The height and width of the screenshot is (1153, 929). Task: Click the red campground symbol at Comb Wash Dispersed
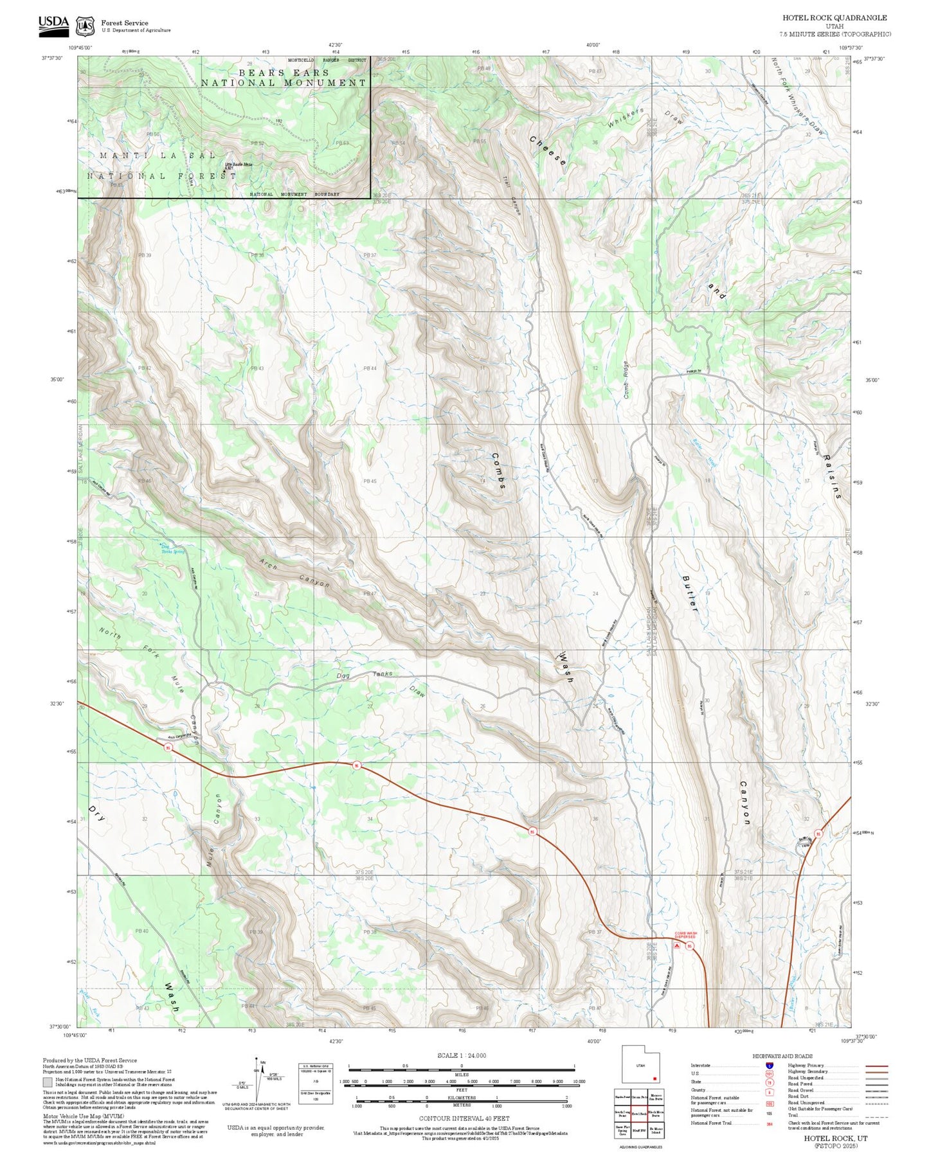676,945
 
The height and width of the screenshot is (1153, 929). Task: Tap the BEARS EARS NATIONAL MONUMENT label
284,78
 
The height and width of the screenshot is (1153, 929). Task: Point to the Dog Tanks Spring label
172,550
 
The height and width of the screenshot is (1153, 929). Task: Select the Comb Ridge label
626,379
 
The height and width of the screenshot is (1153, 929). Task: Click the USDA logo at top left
53,24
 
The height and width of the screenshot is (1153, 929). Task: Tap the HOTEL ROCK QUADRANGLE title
834,18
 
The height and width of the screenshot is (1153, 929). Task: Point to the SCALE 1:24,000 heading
461,1055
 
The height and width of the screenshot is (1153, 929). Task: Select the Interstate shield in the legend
769,1066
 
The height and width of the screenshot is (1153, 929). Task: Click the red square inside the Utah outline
654,1078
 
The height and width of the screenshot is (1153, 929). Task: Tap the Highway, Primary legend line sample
876,1066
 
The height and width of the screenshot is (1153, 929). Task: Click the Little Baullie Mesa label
239,166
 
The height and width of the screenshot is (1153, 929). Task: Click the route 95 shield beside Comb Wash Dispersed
689,946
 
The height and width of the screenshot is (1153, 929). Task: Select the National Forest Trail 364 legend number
769,1123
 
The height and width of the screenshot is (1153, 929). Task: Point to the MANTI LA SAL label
158,156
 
